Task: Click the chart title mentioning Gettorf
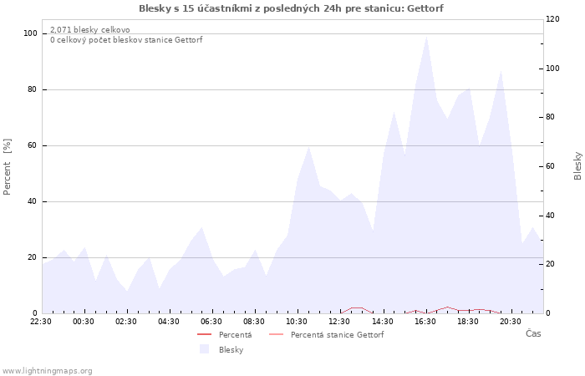coord(291,8)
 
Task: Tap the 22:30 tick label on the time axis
coord(41,322)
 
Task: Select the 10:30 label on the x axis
coord(297,322)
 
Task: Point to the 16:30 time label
coord(425,322)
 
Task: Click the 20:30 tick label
coord(511,322)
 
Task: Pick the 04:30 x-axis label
coord(169,322)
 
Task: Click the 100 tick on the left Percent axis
coord(31,33)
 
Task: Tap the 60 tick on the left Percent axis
coord(32,145)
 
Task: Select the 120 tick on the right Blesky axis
coord(552,19)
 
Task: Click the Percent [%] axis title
coord(7,167)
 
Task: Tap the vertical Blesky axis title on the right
coord(577,166)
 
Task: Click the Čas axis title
coord(533,333)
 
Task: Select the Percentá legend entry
coord(235,335)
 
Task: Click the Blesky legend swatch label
coord(231,350)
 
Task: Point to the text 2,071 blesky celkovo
coord(90,29)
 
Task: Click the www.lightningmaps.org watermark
coord(47,371)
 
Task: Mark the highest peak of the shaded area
coord(426,36)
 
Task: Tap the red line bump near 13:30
coord(357,307)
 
